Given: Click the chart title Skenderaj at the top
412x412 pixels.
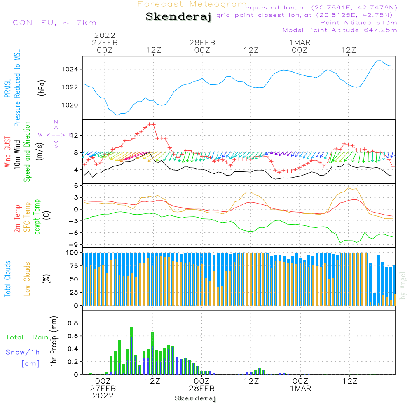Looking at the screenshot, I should coord(179,17).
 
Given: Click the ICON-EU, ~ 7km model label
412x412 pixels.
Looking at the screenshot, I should coord(53,23).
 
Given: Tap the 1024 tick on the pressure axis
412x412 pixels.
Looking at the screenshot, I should coord(73,69).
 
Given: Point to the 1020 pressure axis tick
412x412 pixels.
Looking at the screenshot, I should coord(73,105).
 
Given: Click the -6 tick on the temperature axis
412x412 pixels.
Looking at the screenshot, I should coord(75,233).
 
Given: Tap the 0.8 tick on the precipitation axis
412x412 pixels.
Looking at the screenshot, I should coord(73,323).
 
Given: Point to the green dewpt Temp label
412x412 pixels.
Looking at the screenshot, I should coord(37,217).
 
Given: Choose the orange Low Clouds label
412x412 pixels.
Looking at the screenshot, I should coord(28,278).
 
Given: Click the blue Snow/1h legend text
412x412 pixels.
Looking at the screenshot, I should coord(23,353).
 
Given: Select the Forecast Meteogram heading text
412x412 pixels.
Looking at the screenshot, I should coord(192,5).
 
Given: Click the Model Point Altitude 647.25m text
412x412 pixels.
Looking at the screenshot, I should coord(340,30).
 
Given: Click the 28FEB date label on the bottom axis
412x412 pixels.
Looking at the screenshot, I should coord(202,389).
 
